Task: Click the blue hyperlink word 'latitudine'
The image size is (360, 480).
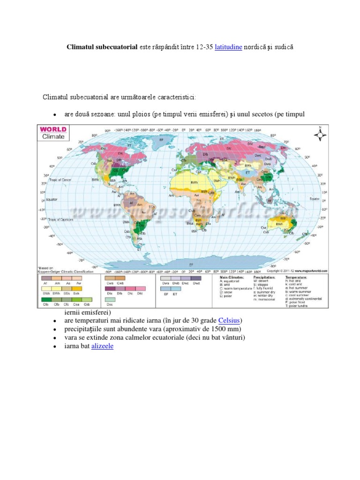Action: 228,47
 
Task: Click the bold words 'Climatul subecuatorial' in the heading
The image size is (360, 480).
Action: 102,47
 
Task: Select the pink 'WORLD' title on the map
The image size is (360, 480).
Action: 53,129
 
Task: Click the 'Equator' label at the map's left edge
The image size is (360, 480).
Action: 52,199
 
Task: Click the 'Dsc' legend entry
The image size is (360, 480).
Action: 110,304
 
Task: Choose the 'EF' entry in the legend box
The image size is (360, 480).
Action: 166,294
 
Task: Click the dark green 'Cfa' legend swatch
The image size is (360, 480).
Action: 45,300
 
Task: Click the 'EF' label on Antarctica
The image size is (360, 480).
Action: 191,264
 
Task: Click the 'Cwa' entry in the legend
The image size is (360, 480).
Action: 111,283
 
